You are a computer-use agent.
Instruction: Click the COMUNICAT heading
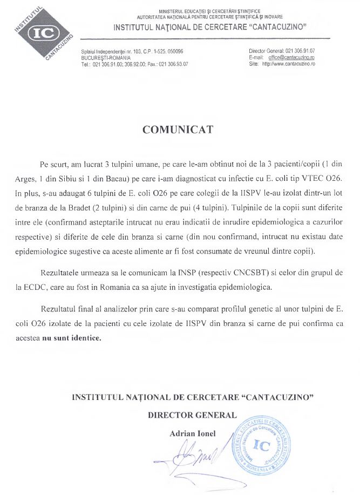(x=178, y=130)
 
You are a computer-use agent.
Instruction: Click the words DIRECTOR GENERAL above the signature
(x=193, y=415)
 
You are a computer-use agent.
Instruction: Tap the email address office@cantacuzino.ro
(x=292, y=57)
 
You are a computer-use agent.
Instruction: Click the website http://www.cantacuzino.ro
(x=288, y=63)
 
